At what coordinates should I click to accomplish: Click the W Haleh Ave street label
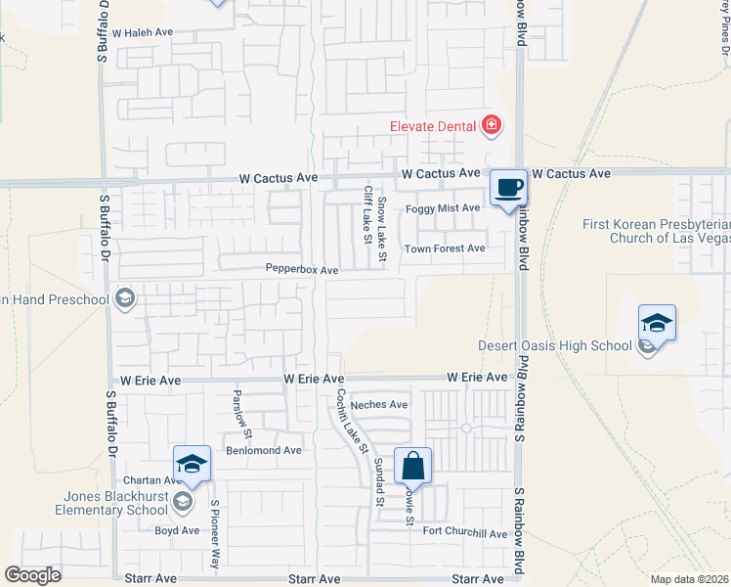[x=142, y=32]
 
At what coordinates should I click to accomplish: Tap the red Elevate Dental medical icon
[x=491, y=125]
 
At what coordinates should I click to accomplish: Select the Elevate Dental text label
[x=433, y=125]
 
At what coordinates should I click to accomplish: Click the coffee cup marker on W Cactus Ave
[x=506, y=188]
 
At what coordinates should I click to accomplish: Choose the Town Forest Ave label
[x=445, y=248]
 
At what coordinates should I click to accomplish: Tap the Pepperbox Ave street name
[x=301, y=269]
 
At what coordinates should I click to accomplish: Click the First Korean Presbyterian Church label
[x=657, y=231]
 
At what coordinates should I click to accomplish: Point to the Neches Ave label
[x=378, y=404]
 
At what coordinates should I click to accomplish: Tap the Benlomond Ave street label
[x=264, y=450]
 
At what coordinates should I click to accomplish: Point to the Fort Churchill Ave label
[x=465, y=533]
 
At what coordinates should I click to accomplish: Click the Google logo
[x=33, y=574]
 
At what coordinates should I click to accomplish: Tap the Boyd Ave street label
[x=177, y=530]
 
